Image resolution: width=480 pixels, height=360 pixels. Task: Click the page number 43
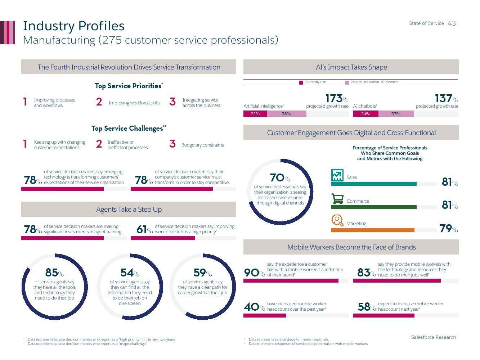tap(452, 23)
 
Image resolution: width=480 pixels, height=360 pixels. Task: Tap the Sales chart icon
tap(337, 175)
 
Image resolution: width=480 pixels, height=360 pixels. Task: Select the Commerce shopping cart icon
tap(337, 199)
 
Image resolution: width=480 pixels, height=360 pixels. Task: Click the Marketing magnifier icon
tap(337, 220)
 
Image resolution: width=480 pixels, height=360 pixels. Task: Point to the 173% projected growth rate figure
tap(337, 99)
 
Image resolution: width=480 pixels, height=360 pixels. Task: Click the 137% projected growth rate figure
tap(446, 99)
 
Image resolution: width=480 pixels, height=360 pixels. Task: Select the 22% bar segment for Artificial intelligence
tap(255, 114)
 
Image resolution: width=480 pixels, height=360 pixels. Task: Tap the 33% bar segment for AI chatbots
tap(396, 114)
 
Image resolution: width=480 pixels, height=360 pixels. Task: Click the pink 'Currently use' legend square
tap(301, 82)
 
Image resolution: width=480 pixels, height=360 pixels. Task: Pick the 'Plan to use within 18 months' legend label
tap(374, 82)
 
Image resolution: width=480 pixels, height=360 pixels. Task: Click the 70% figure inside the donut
tap(280, 178)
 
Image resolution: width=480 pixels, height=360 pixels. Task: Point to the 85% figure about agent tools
tap(54, 273)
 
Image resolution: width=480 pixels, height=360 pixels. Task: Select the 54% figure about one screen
tap(130, 273)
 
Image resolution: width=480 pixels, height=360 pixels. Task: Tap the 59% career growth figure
tap(202, 273)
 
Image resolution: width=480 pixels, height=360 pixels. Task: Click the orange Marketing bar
tap(373, 230)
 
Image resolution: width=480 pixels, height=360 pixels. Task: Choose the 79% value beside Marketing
tap(449, 228)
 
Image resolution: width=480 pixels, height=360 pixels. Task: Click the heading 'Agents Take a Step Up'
tap(129, 210)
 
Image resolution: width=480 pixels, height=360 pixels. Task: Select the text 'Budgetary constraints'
tap(203, 145)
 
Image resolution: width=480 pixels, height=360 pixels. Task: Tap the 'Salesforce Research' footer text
tap(434, 337)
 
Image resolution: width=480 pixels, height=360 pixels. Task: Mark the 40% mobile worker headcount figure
tap(254, 307)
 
